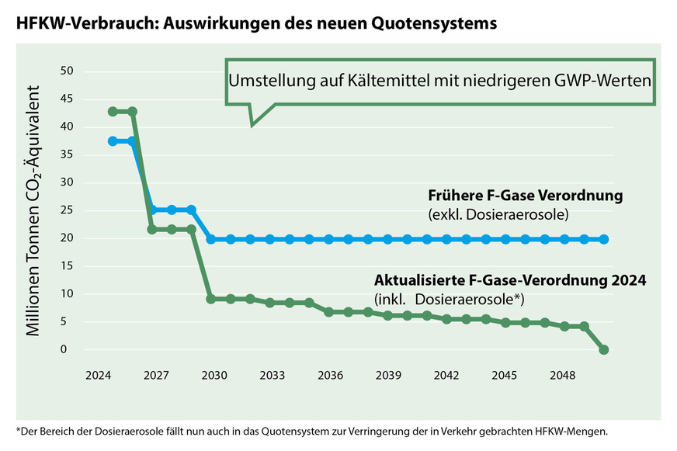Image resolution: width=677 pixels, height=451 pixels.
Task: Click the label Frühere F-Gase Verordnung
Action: tap(525, 196)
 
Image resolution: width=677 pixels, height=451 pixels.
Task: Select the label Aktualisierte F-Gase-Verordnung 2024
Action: tap(510, 280)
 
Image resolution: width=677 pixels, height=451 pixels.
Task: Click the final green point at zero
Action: tap(604, 350)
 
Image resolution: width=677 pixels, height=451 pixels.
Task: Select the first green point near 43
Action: tap(113, 112)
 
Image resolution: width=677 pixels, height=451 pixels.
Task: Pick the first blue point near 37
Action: tap(113, 141)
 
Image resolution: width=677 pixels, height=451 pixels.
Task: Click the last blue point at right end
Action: tap(604, 239)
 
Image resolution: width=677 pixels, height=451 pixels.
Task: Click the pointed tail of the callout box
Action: tap(252, 123)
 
